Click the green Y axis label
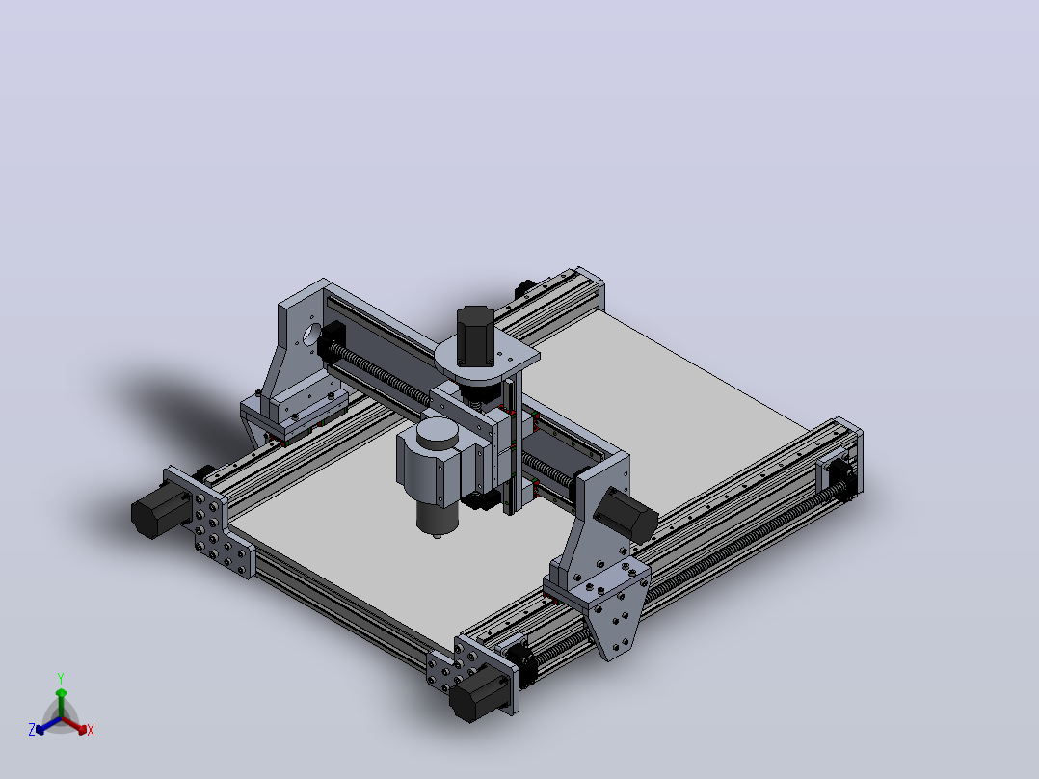pos(61,678)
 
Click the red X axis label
pos(91,730)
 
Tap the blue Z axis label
pos(32,729)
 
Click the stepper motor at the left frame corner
pos(159,507)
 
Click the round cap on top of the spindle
pos(437,433)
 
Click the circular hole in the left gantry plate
pos(310,334)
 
